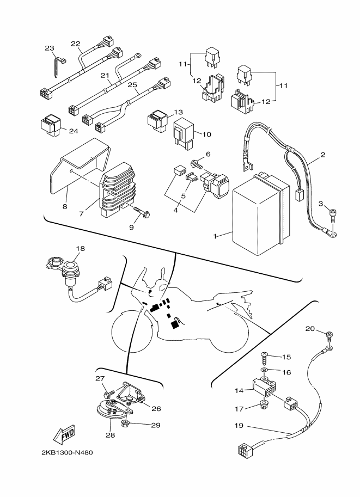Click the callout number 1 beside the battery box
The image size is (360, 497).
pos(216,236)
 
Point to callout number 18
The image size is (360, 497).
pos(80,248)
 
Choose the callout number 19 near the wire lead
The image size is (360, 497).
pos(239,426)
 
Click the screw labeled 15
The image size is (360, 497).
pos(264,357)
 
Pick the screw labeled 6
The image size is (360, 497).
pos(196,163)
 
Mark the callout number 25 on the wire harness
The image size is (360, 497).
pos(131,85)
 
